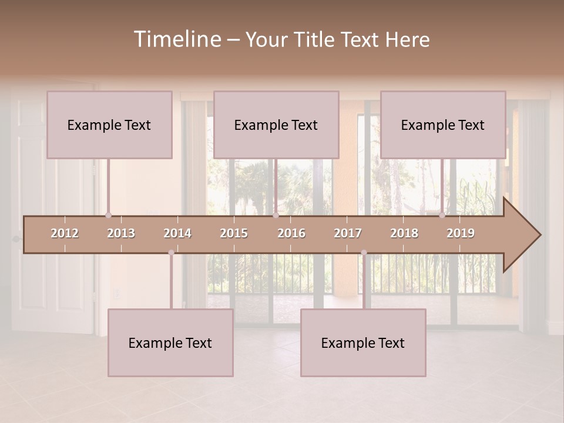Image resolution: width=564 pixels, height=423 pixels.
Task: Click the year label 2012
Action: pos(65,233)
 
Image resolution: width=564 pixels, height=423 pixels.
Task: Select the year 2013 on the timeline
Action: pos(121,233)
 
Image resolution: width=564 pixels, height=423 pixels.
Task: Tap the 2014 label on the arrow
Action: pos(177,233)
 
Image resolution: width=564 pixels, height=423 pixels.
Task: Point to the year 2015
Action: pos(234,233)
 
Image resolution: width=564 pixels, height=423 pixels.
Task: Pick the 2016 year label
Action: pos(291,233)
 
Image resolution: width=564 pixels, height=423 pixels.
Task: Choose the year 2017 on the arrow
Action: pos(348,233)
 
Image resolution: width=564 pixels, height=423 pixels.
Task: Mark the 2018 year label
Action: pos(404,233)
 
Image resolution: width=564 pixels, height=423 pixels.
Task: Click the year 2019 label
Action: pos(461,233)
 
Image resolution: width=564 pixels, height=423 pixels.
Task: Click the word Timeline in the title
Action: pos(176,39)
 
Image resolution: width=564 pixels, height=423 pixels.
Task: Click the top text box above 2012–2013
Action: pos(109,125)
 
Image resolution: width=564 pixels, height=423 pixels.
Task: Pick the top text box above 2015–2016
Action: pos(276,125)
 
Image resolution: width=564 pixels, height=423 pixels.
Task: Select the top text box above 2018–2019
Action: pos(443,125)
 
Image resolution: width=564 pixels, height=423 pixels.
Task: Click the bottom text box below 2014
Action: pos(170,343)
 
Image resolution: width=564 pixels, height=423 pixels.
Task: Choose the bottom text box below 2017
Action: pos(363,343)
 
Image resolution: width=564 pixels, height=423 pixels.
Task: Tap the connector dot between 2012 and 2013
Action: pos(108,216)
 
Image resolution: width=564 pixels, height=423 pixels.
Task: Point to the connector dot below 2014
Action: pos(171,253)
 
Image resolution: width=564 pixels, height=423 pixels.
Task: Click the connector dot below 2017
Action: pos(364,253)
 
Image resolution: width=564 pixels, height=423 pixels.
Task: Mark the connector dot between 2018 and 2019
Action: pos(442,216)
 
